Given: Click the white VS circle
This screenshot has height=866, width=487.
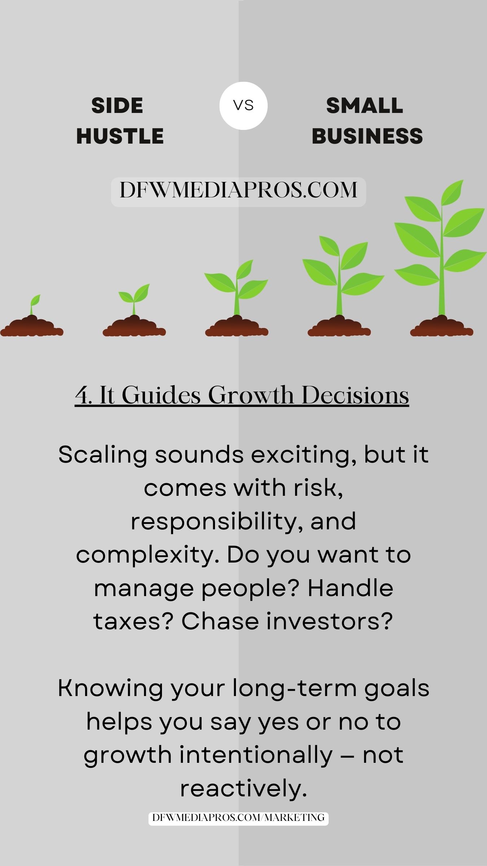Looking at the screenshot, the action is point(243,106).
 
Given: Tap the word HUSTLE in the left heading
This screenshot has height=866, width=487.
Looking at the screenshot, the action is point(120,136).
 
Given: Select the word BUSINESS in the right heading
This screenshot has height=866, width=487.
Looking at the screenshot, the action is point(367,136).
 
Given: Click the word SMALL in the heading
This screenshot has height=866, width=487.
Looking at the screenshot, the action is point(364,106).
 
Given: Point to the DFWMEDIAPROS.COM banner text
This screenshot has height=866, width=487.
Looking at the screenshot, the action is point(238,190).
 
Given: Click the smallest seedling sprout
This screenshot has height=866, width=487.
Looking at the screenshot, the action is point(35,305).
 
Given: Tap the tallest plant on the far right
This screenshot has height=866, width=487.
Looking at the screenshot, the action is point(440,249).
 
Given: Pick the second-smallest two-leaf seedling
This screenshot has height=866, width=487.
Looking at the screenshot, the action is point(134,299).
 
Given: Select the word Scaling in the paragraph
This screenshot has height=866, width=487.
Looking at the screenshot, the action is point(102,455).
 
